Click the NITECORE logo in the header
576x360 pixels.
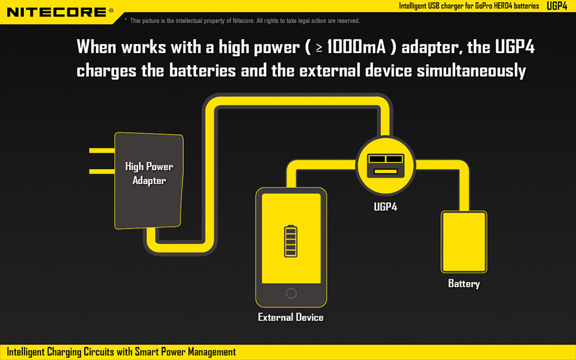coord(56,12)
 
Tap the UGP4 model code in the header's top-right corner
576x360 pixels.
coord(557,6)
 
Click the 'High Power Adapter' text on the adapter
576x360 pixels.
coord(149,174)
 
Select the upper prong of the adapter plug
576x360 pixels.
coord(101,151)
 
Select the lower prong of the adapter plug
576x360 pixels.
coord(101,171)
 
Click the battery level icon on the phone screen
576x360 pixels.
coord(291,241)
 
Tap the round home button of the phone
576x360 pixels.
coord(291,293)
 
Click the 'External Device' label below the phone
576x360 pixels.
coord(291,317)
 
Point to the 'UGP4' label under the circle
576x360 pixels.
coord(385,206)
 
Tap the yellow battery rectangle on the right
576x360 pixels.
coord(464,242)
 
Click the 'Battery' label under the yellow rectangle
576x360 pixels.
coord(464,283)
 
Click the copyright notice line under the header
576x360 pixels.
coord(243,21)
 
